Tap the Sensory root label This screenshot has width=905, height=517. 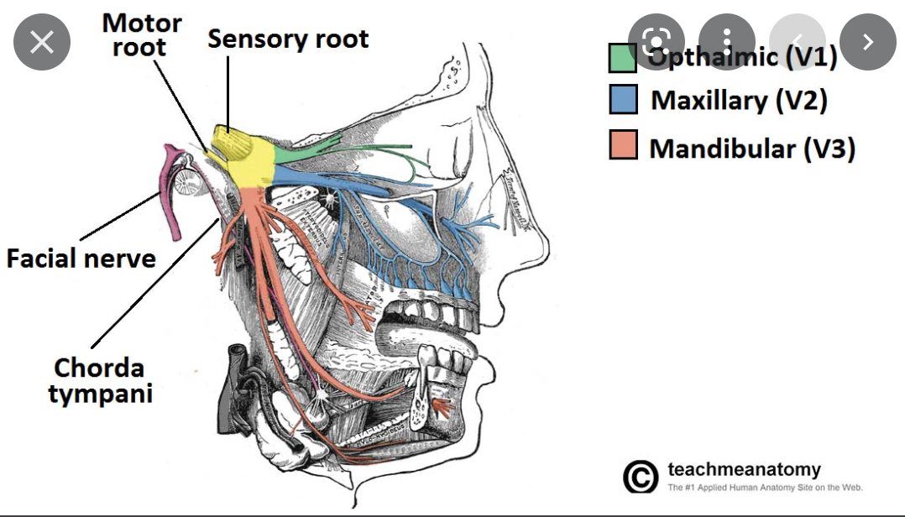(x=287, y=39)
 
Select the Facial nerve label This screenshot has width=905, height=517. (x=81, y=258)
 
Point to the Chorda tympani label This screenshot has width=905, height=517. (x=100, y=380)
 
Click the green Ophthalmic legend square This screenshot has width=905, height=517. (x=623, y=58)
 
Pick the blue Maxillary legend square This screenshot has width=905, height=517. (x=623, y=100)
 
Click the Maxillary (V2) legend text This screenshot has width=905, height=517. (x=739, y=101)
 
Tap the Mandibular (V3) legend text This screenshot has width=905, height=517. (x=751, y=149)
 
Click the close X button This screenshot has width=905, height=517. (x=41, y=42)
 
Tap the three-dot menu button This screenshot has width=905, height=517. (x=726, y=42)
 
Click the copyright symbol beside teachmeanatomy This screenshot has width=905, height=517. (x=640, y=477)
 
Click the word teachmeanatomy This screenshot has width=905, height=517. (x=744, y=469)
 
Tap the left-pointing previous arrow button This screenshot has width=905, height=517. (x=798, y=42)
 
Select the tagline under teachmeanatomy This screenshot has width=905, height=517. (x=765, y=488)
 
